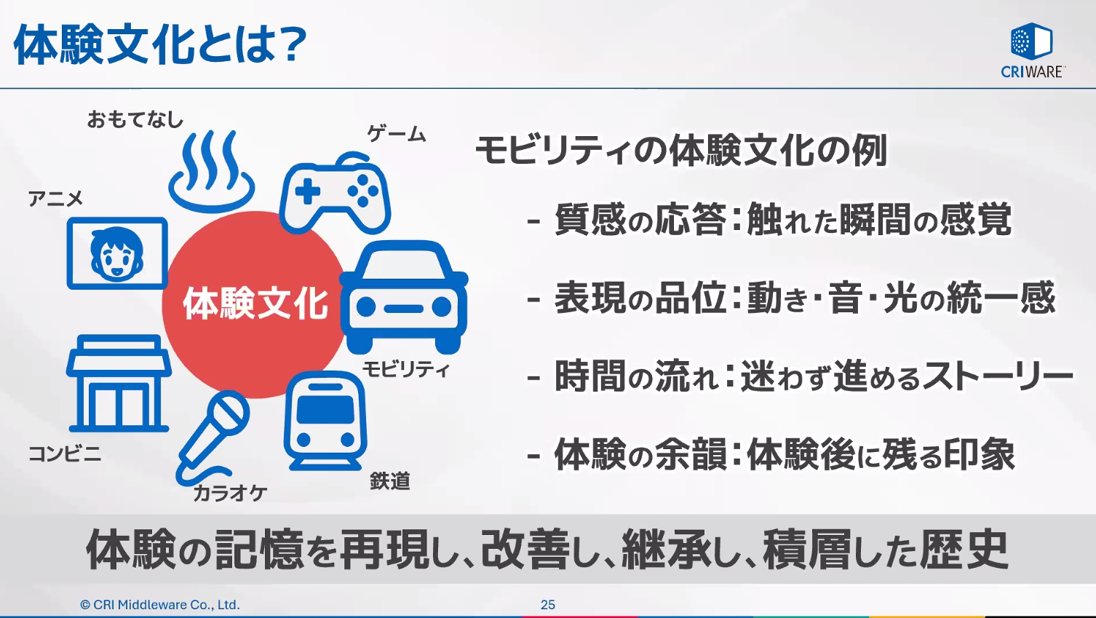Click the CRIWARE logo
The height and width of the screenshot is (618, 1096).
(x=1032, y=50)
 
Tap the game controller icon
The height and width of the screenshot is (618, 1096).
(x=335, y=193)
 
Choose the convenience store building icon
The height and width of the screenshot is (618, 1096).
(x=119, y=383)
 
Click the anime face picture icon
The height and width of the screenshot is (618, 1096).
(x=117, y=253)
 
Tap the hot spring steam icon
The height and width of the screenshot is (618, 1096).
(x=211, y=171)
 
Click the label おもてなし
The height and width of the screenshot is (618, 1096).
(x=135, y=119)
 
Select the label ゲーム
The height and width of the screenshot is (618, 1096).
(x=397, y=134)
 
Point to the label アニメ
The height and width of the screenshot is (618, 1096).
(x=55, y=199)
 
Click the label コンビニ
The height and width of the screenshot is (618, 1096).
(x=65, y=454)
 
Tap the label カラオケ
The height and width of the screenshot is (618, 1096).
(x=230, y=494)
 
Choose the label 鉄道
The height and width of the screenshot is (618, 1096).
(x=390, y=481)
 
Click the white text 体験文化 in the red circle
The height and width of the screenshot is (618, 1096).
(x=255, y=304)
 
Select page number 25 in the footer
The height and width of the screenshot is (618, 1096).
(x=548, y=605)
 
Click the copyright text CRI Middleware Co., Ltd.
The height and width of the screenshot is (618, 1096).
(x=160, y=605)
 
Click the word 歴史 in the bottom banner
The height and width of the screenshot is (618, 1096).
(x=964, y=550)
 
